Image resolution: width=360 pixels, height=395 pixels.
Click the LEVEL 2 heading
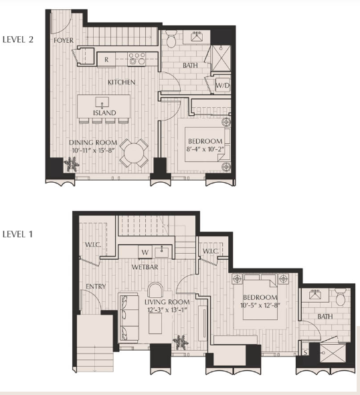(18, 39)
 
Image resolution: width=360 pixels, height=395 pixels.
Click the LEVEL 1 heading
(17, 234)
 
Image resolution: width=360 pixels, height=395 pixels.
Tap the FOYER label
(64, 40)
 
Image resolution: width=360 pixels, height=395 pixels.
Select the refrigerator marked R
(106, 60)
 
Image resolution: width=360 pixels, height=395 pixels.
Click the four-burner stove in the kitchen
(137, 59)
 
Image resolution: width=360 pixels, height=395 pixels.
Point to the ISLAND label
(104, 112)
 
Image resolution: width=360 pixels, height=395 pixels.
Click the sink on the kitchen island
(102, 102)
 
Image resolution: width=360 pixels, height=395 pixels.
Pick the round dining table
(134, 153)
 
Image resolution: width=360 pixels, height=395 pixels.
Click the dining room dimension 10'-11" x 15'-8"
(94, 151)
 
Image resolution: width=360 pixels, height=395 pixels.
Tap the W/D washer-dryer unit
(223, 86)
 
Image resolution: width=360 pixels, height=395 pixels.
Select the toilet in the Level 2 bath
(172, 39)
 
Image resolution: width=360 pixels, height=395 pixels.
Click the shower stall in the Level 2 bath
(221, 58)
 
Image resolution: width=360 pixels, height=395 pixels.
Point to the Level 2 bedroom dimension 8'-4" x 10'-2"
(205, 149)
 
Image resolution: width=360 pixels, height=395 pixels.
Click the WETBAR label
(145, 267)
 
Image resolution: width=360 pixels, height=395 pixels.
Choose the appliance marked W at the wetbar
(145, 252)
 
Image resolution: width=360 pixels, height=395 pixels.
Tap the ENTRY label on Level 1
(96, 287)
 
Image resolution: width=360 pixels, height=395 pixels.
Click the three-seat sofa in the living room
(128, 317)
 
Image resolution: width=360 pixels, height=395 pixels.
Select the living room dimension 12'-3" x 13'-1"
(167, 309)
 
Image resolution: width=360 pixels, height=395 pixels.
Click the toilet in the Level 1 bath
(341, 297)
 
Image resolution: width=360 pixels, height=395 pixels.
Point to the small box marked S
(305, 352)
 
